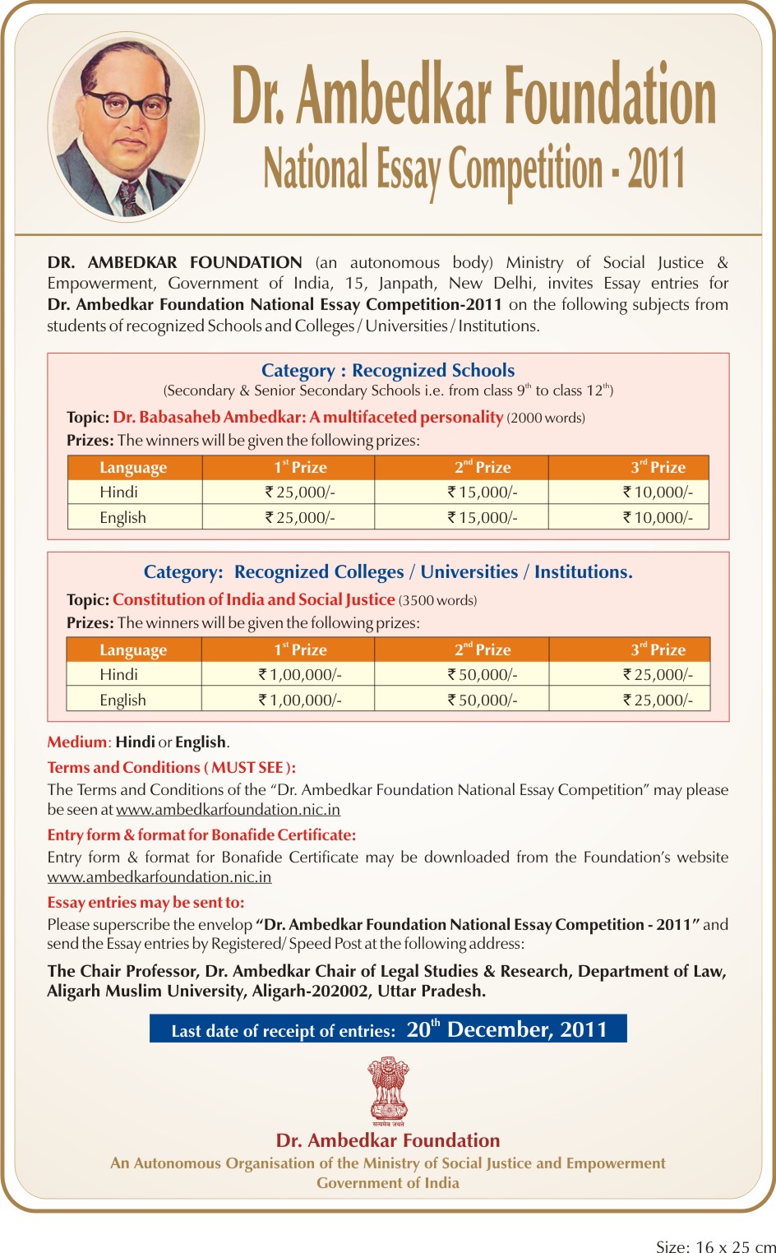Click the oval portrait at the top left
(126, 127)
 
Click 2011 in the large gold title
(656, 169)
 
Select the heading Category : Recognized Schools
(388, 370)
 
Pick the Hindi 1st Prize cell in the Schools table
(299, 492)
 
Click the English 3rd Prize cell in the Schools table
(658, 517)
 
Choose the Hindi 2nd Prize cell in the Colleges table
(482, 674)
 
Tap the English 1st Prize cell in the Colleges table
(299, 700)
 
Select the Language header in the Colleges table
(133, 650)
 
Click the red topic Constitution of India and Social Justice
(254, 599)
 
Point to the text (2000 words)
(546, 418)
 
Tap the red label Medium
(76, 742)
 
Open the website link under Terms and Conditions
(228, 810)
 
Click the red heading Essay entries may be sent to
(145, 902)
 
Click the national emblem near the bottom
(388, 1090)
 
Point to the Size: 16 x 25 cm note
(714, 1246)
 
